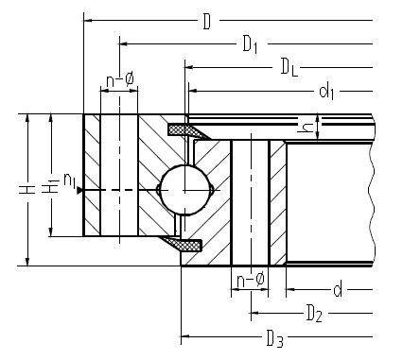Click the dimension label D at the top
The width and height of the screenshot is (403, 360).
click(207, 22)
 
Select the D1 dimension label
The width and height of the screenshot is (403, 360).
click(251, 44)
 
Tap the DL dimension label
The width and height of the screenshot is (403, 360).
click(289, 68)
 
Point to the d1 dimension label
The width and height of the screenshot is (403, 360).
click(326, 92)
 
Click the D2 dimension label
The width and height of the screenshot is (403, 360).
click(314, 314)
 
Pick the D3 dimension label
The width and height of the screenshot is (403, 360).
click(274, 338)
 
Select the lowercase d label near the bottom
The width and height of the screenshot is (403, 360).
click(338, 289)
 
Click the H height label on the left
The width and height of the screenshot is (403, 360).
click(27, 189)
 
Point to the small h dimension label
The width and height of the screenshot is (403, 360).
click(307, 128)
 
